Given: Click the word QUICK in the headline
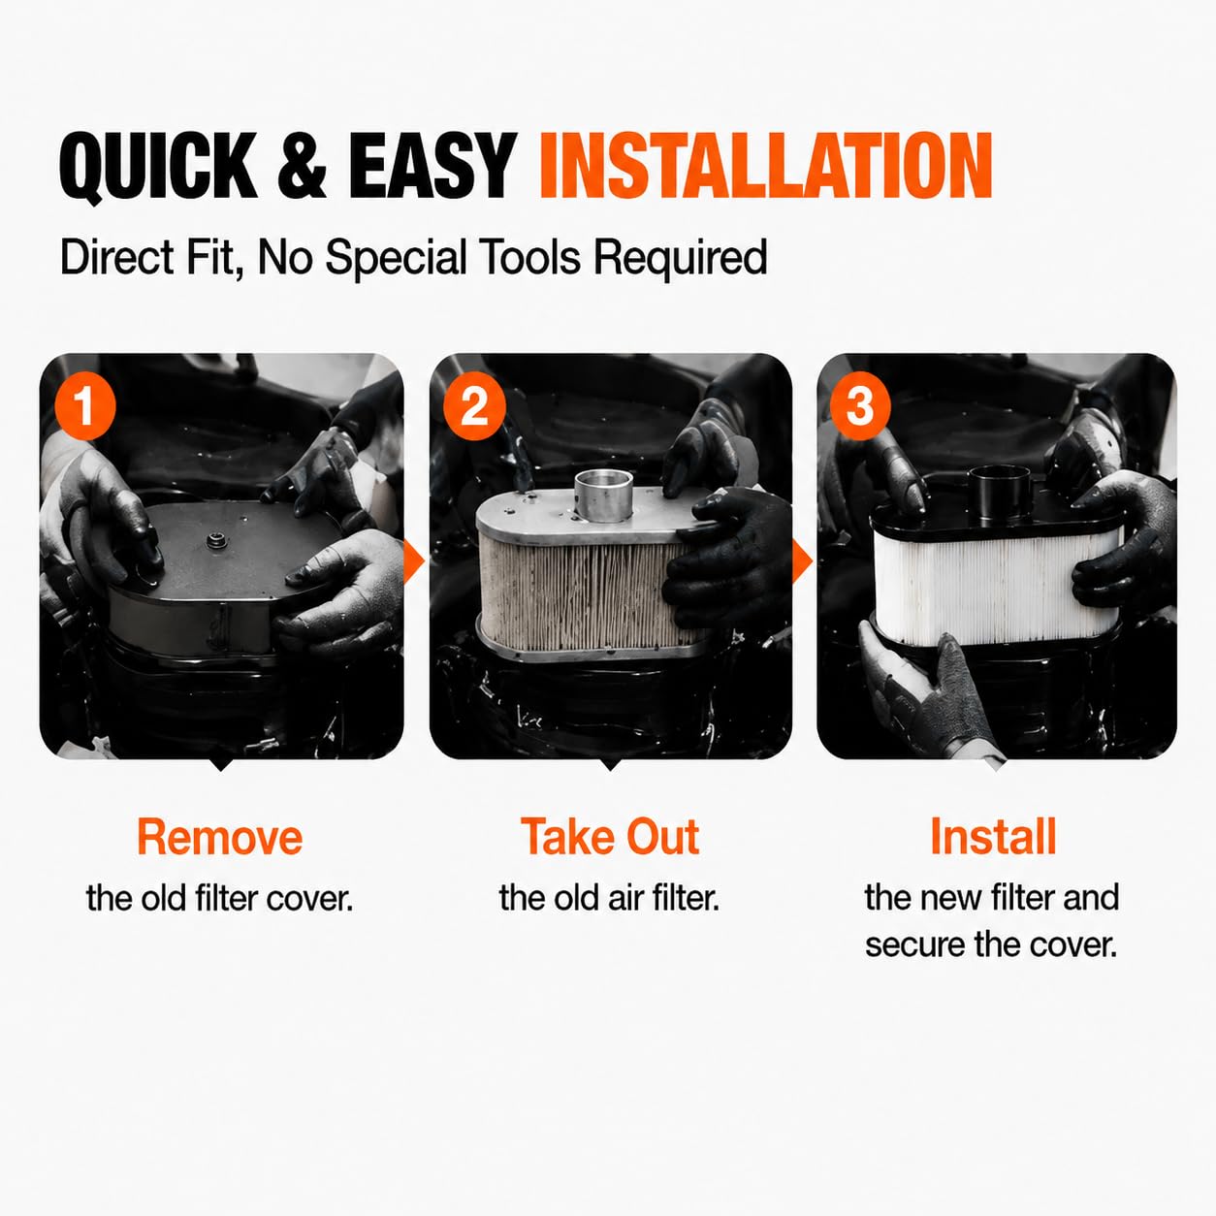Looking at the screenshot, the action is point(158,167).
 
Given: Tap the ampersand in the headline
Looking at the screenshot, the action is point(303,166).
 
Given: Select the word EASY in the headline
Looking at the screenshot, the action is point(432,166).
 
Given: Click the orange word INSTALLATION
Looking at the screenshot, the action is point(765,166).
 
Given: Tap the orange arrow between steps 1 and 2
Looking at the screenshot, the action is point(414,560).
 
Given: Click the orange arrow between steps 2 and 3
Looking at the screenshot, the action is point(802,560).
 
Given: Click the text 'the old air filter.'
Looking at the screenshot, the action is point(610,898).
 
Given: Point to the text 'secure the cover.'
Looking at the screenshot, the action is point(991,944).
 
